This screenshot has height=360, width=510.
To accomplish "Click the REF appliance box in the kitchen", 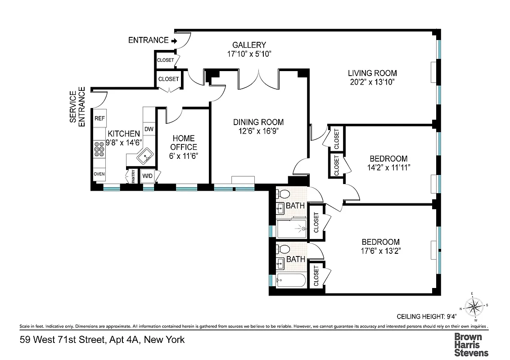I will coord(100,118).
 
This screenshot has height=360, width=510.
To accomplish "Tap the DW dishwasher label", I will coord(149,130).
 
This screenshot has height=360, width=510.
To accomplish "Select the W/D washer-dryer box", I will coord(147,176).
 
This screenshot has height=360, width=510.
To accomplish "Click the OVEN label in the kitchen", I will coord(99,174).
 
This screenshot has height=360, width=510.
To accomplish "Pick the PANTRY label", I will coord(133,176).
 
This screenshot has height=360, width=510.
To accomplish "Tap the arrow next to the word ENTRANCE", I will coord(173,40).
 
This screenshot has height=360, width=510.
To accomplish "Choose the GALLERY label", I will coord(249,45).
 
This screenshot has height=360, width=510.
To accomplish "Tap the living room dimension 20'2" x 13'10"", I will coord(372,82).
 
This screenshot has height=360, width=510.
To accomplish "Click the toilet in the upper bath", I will coord(284,194).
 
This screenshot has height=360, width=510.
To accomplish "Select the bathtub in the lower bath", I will coord(291,280).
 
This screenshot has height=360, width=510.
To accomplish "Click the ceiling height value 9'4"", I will coord(451,315).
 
